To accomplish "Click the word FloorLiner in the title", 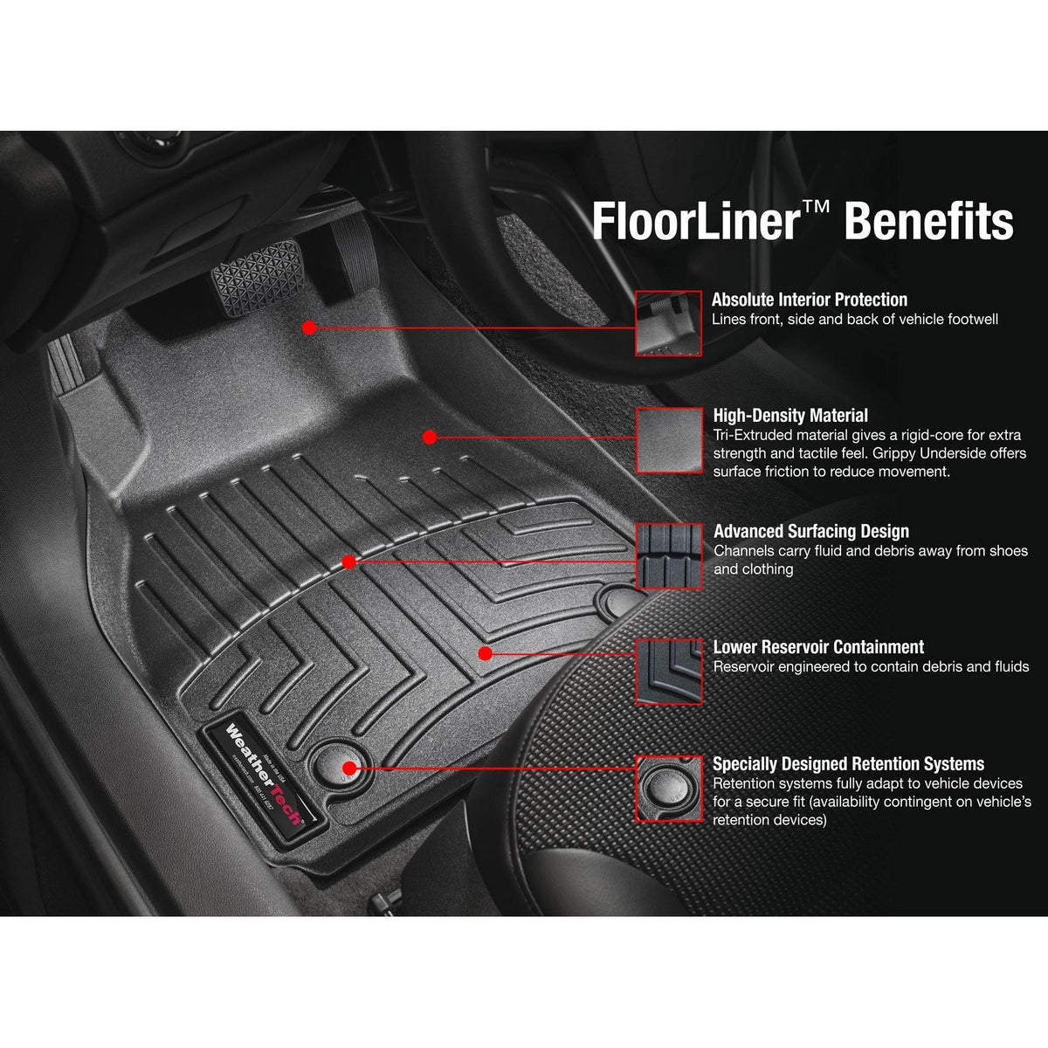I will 693,220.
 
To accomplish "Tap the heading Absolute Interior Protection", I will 810,300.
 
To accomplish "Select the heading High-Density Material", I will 790,416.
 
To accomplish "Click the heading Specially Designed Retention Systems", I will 848,763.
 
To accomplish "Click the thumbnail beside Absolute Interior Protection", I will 668,323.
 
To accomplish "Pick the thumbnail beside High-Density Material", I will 668,439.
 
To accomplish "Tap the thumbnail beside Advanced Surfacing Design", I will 668,555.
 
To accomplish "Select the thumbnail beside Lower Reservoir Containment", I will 668,671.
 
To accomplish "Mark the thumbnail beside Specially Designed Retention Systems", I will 668,788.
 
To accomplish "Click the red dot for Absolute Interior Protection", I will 308,327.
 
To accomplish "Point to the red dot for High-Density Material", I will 429,436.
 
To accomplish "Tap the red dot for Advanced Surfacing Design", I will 348,562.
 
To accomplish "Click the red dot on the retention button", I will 348,768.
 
